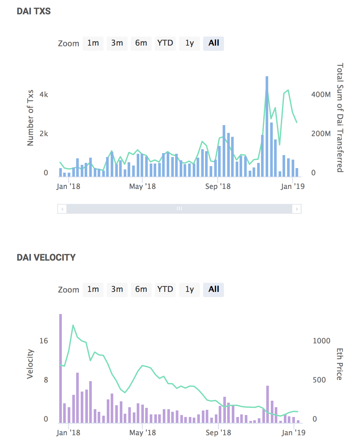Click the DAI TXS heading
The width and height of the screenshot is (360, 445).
34,11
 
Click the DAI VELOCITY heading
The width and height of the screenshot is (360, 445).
46,258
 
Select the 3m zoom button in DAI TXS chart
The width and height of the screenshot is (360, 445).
117,43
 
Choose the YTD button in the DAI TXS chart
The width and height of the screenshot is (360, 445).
165,43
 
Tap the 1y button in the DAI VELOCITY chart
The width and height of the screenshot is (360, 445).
189,290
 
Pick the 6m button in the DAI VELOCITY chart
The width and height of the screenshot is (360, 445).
141,290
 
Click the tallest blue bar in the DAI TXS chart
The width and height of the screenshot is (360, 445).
267,127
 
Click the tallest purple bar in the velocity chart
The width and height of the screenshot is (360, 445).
61,368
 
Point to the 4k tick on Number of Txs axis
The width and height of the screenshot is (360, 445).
44,95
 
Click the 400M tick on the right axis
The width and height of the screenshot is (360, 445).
321,95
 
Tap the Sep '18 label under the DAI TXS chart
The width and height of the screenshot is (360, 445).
218,187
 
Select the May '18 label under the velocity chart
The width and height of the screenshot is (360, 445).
143,433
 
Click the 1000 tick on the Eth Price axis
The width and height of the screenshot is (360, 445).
321,341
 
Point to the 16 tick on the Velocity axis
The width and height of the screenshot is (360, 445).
44,341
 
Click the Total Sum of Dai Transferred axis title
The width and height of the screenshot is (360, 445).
340,118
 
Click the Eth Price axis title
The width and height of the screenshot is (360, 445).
340,364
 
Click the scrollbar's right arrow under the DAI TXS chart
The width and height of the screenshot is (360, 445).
297,209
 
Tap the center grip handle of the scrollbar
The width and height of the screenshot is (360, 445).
179,209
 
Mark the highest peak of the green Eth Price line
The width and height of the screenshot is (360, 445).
73,325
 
